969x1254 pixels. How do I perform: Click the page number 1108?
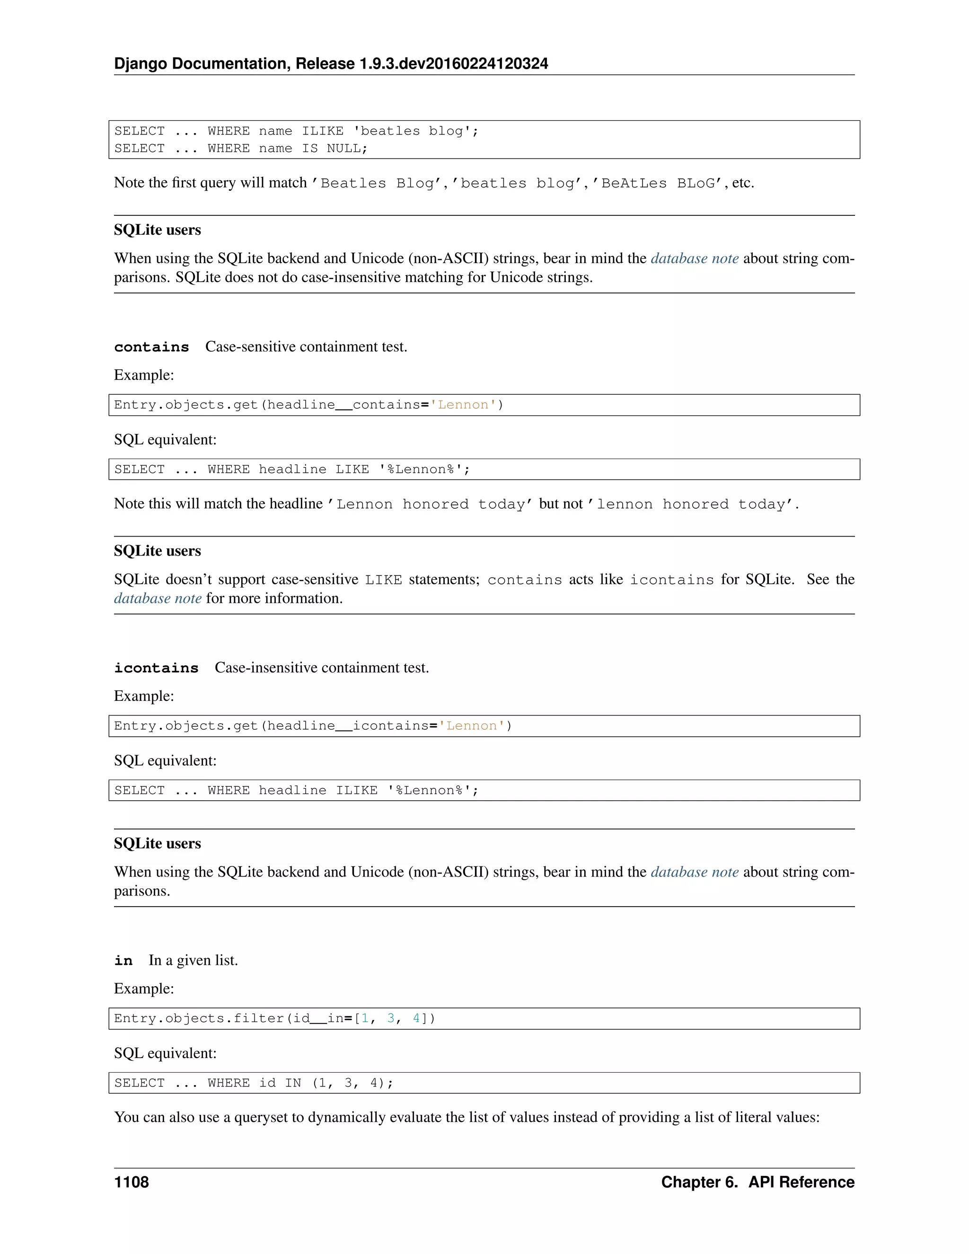132,1182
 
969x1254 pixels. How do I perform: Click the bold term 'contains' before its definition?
151,347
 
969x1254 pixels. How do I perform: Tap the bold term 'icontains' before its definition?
156,668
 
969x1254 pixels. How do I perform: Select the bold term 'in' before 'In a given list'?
123,961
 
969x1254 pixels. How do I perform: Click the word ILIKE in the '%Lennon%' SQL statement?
356,790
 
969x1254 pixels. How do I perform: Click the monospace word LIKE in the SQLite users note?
383,580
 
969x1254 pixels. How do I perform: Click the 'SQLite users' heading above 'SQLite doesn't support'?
157,551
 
